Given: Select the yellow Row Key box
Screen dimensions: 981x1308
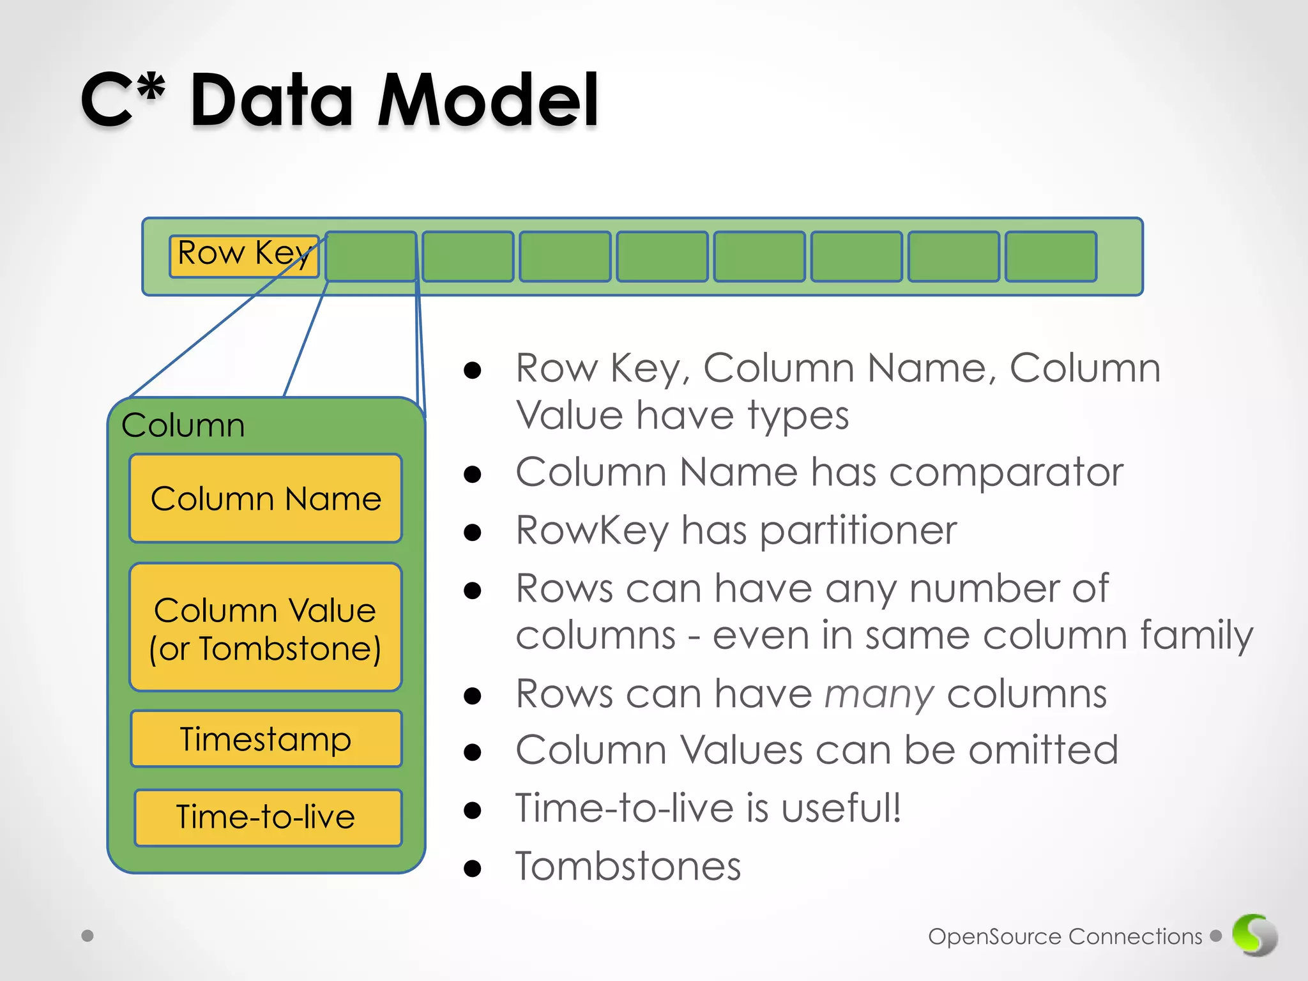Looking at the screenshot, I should (244, 255).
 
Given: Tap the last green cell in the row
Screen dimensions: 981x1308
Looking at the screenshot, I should (1051, 256).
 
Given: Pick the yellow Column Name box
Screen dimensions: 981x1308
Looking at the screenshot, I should (266, 498).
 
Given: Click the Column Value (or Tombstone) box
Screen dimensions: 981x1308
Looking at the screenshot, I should (266, 627).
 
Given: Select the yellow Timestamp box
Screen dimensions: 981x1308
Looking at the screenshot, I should (266, 739).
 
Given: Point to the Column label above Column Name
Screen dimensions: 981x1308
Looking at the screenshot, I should (183, 425).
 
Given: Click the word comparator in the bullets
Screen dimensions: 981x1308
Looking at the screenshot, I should (1005, 473).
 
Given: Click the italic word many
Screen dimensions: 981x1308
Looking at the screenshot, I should (879, 694).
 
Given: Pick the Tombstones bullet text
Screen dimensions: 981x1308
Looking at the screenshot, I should (628, 867).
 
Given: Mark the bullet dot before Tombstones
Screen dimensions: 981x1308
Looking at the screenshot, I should (473, 868).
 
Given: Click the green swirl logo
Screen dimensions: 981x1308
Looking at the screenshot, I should (1254, 935).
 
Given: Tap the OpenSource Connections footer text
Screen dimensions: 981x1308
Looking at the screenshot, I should (1065, 936).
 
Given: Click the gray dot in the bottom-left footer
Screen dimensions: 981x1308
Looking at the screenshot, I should (87, 936).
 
